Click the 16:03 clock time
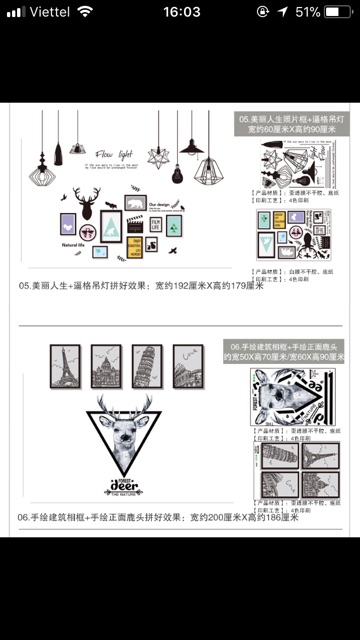(180, 11)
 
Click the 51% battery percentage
(308, 11)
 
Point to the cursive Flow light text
(116, 156)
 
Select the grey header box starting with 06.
(288, 350)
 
